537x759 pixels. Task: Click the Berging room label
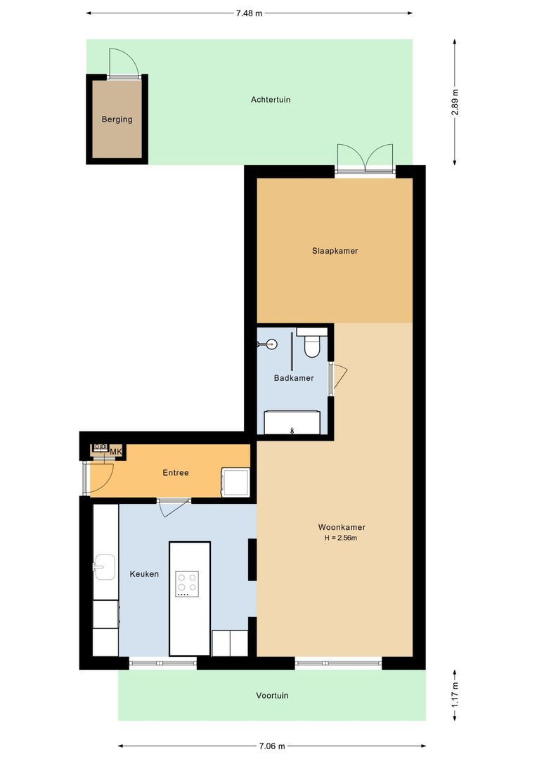tap(117, 119)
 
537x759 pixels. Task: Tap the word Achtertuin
tap(271, 100)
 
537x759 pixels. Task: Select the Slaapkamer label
tap(335, 251)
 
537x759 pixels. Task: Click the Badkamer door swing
tap(339, 377)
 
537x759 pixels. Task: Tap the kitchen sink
tap(105, 566)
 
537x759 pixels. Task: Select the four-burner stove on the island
tap(187, 583)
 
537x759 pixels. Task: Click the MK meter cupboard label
tap(116, 451)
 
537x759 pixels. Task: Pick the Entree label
tap(176, 473)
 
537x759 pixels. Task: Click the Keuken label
tap(144, 574)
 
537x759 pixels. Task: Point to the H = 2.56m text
tap(342, 538)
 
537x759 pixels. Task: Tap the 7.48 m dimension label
tap(250, 13)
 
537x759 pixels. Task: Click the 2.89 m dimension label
tap(455, 103)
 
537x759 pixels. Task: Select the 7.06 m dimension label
tap(271, 746)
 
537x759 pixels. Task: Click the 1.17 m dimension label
tap(455, 695)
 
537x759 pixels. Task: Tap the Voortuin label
tap(272, 696)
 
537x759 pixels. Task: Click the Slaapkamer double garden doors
tap(365, 159)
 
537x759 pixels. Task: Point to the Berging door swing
tap(120, 62)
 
